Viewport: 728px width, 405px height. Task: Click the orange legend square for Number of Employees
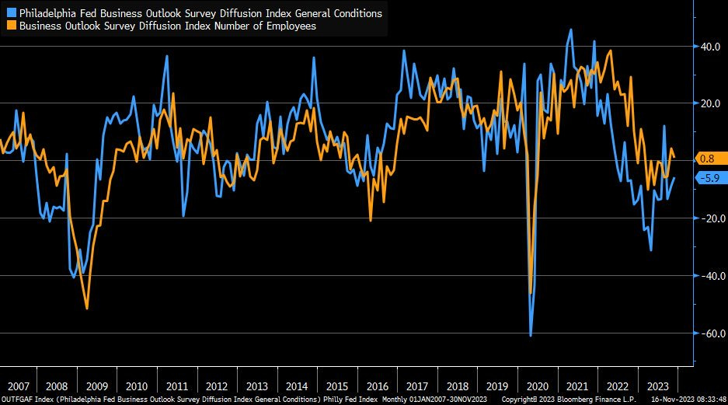coord(12,26)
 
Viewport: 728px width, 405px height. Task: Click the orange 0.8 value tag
coord(706,159)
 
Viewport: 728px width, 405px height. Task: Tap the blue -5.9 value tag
coord(709,178)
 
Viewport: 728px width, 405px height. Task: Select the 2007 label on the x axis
coord(18,386)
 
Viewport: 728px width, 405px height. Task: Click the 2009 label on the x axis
coord(97,386)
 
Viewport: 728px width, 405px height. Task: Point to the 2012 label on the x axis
coord(217,386)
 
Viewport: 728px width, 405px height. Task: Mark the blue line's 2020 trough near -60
coord(531,336)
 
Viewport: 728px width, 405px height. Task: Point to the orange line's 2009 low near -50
coord(87,309)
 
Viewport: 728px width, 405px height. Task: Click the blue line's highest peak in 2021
coord(572,30)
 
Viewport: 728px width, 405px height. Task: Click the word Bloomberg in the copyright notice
coord(571,400)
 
